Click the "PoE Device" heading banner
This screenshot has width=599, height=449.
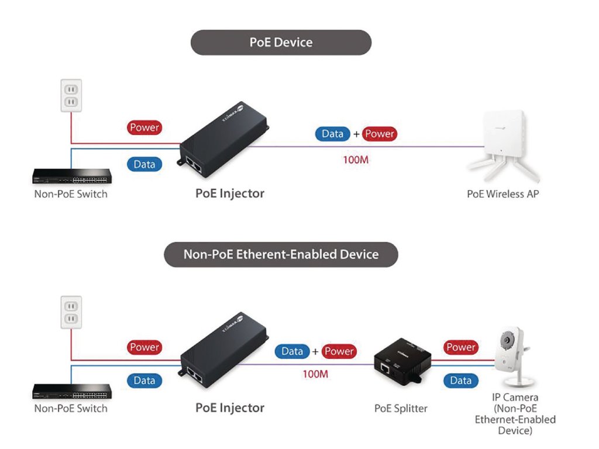tap(281, 43)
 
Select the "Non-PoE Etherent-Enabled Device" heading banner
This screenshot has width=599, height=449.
tap(281, 254)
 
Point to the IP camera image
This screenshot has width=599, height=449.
tap(515, 358)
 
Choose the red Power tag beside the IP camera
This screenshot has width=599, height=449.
tap(460, 347)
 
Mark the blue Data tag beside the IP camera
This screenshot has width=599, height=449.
tap(460, 381)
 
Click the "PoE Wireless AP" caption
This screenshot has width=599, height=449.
tap(502, 194)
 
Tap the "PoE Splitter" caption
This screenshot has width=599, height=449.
tap(401, 408)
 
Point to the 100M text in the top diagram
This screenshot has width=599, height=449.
tap(354, 159)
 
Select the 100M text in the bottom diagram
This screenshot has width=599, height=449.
tap(315, 374)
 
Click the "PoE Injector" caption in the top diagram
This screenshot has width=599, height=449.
tap(230, 193)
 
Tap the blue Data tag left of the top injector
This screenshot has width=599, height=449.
tap(144, 164)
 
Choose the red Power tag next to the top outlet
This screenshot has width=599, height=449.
tap(144, 127)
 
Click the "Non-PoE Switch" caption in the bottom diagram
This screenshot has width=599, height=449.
tap(71, 408)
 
